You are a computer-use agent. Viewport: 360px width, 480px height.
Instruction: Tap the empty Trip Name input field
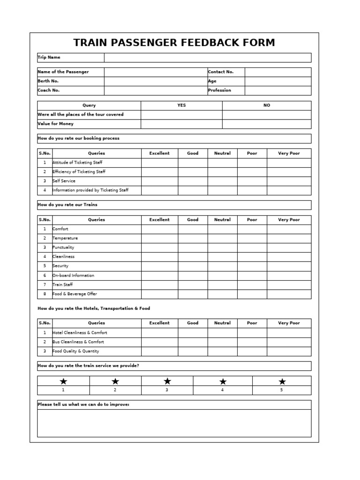click(x=207, y=58)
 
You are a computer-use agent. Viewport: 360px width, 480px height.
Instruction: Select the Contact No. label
click(x=220, y=72)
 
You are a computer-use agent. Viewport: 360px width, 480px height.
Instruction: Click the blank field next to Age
click(x=277, y=81)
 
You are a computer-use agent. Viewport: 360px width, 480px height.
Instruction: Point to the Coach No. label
click(x=49, y=90)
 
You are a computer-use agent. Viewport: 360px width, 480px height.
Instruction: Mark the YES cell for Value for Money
click(x=181, y=124)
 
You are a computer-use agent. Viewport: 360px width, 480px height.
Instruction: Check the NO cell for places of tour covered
click(x=266, y=115)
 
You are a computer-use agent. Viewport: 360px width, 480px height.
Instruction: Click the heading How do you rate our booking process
click(x=79, y=139)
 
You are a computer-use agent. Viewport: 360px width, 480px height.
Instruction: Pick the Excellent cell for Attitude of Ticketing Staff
click(x=159, y=163)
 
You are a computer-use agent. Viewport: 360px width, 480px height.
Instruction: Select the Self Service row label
click(x=64, y=181)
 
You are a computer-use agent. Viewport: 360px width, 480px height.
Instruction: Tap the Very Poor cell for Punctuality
click(x=289, y=247)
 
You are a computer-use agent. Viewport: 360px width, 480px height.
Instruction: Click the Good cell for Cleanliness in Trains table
click(x=193, y=257)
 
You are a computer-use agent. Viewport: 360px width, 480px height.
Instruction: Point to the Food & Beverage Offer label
click(x=75, y=294)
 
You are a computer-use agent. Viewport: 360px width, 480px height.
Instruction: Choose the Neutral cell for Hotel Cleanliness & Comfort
click(x=222, y=333)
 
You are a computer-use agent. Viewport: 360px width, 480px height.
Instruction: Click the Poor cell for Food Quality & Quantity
click(x=252, y=351)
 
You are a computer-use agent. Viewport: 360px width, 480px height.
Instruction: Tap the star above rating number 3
click(x=167, y=381)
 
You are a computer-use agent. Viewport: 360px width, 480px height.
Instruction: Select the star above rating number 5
click(x=282, y=381)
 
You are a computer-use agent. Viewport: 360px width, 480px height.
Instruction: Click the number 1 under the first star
click(x=63, y=390)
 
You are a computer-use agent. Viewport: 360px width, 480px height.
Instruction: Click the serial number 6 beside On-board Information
click(x=45, y=276)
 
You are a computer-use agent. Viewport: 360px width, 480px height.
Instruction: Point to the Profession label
click(x=219, y=90)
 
